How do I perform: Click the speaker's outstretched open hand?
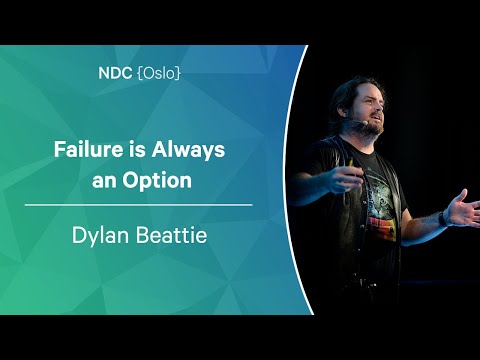[464, 210]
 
